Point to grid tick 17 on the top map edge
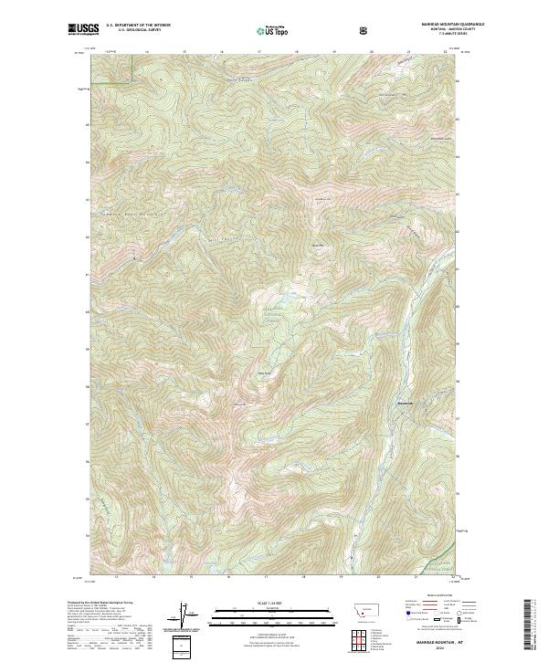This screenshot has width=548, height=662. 260,51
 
